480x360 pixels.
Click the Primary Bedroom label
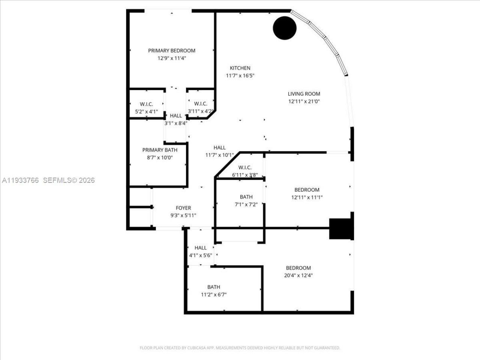pyautogui.click(x=172, y=51)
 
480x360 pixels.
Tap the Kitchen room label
pyautogui.click(x=240, y=68)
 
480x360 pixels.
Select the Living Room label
pyautogui.click(x=304, y=94)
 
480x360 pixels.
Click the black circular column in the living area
pyautogui.click(x=285, y=28)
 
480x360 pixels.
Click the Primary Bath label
pyautogui.click(x=160, y=150)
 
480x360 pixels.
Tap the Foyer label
pyautogui.click(x=183, y=208)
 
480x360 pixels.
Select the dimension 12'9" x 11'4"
pyautogui.click(x=172, y=58)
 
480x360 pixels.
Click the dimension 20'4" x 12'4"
pyautogui.click(x=298, y=275)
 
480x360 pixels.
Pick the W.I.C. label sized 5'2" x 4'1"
pyautogui.click(x=146, y=104)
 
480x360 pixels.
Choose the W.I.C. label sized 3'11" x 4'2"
pyautogui.click(x=201, y=103)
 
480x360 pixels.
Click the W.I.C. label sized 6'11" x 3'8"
pyautogui.click(x=245, y=168)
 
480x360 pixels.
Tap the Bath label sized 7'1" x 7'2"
pyautogui.click(x=246, y=197)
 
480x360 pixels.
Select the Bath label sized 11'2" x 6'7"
pyautogui.click(x=214, y=287)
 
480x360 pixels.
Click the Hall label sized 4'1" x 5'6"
pyautogui.click(x=201, y=248)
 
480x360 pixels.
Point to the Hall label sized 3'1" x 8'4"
pyautogui.click(x=175, y=115)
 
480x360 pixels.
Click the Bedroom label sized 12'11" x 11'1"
pyautogui.click(x=307, y=190)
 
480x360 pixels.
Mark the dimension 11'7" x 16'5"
pyautogui.click(x=240, y=75)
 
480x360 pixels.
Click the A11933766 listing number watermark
pyautogui.click(x=21, y=180)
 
